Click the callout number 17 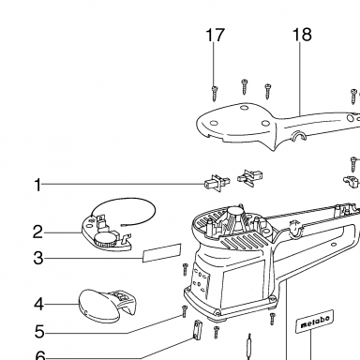215,35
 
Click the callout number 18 302,35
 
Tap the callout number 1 37,185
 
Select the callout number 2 37,232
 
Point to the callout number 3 38,259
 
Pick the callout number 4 38,304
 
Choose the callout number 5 39,332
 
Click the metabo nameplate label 315,322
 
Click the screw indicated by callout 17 214,94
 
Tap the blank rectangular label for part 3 162,253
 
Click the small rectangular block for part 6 197,329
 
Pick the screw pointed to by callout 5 185,311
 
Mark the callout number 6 39,355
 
